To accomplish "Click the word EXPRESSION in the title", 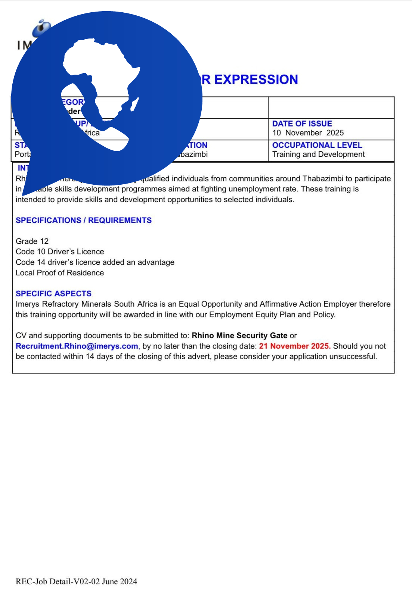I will pos(256,79).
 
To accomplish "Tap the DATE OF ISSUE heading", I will pos(302,124).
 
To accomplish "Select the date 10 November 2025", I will pos(308,133).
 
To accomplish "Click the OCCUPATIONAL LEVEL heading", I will pos(317,145).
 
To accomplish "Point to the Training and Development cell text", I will pos(318,154).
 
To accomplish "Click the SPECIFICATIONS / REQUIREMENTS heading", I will pos(84,221).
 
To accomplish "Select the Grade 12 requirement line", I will pos(32,241).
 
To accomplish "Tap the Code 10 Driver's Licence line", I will pos(60,252).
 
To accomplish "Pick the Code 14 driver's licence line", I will pos(95,262).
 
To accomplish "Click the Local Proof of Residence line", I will pos(60,273).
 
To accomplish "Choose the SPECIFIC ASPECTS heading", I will pos(53,294).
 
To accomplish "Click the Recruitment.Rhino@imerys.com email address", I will pos(77,346).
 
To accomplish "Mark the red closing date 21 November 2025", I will pos(295,346).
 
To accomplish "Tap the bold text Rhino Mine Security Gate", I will pos(239,336).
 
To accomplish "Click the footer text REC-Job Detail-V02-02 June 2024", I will pos(76,581).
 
